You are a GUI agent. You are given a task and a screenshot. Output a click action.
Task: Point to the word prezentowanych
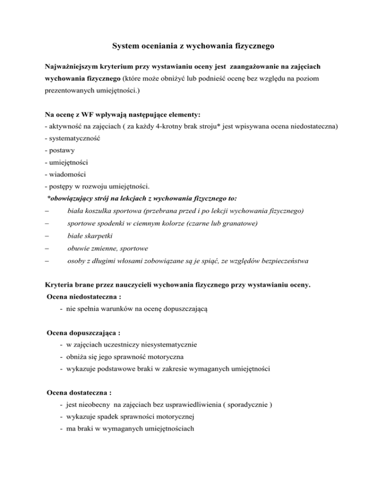tap(67, 104)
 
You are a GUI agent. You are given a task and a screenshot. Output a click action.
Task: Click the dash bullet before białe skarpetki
tap(46, 236)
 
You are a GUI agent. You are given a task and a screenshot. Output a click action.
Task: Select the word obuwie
tap(79, 248)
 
